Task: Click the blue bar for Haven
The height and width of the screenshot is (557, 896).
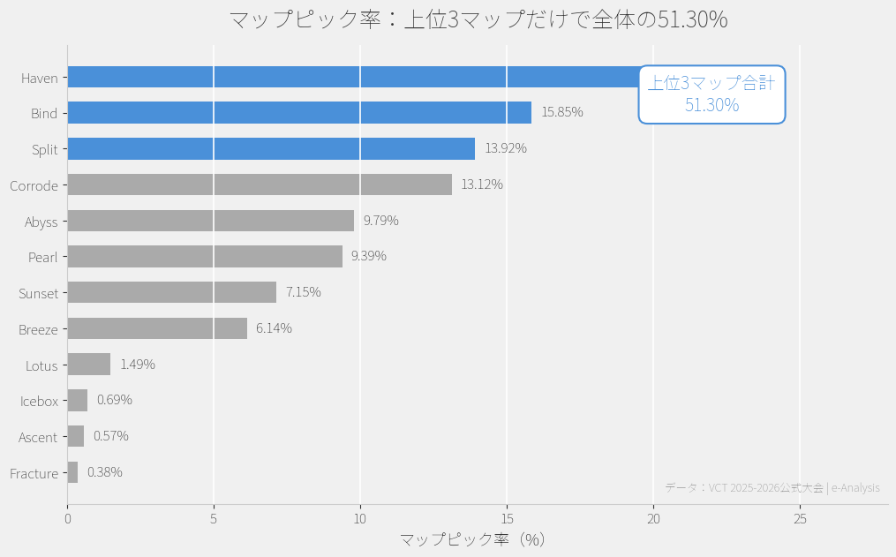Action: (353, 77)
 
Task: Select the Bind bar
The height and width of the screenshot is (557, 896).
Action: (299, 113)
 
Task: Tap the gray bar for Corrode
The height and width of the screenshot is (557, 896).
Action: (260, 184)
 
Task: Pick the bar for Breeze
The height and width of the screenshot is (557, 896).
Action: (157, 328)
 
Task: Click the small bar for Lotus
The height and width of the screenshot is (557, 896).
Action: (89, 365)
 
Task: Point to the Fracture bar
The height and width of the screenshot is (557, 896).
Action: (72, 472)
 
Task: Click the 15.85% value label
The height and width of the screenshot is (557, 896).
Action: (562, 112)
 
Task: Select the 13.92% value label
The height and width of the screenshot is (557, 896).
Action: (506, 148)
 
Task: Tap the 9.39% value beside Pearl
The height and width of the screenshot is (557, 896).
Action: (369, 256)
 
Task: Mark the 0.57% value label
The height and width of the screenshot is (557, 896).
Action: (111, 436)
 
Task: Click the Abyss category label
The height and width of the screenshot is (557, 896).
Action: (41, 222)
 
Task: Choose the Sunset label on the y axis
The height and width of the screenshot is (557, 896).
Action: (39, 293)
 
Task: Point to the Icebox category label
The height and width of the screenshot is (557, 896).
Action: (40, 401)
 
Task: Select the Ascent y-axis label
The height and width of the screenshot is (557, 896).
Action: (38, 437)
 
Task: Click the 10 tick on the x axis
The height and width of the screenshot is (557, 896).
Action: (360, 519)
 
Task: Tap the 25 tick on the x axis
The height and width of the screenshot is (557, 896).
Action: (800, 519)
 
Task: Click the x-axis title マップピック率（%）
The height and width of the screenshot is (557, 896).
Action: (473, 539)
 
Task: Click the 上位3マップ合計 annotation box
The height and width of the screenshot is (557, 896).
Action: (712, 94)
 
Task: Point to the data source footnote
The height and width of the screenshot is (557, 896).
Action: (772, 487)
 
